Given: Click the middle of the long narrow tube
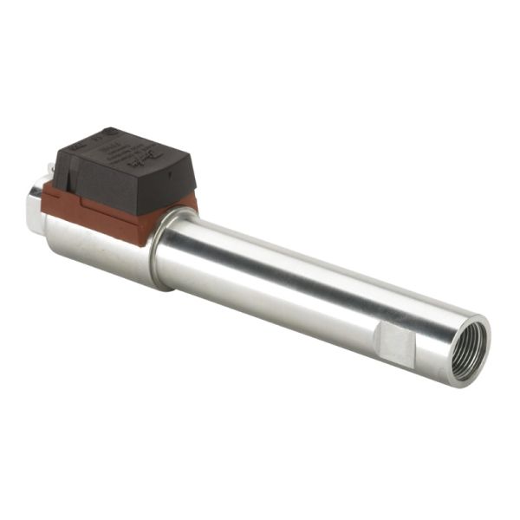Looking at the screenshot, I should coord(312,286).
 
